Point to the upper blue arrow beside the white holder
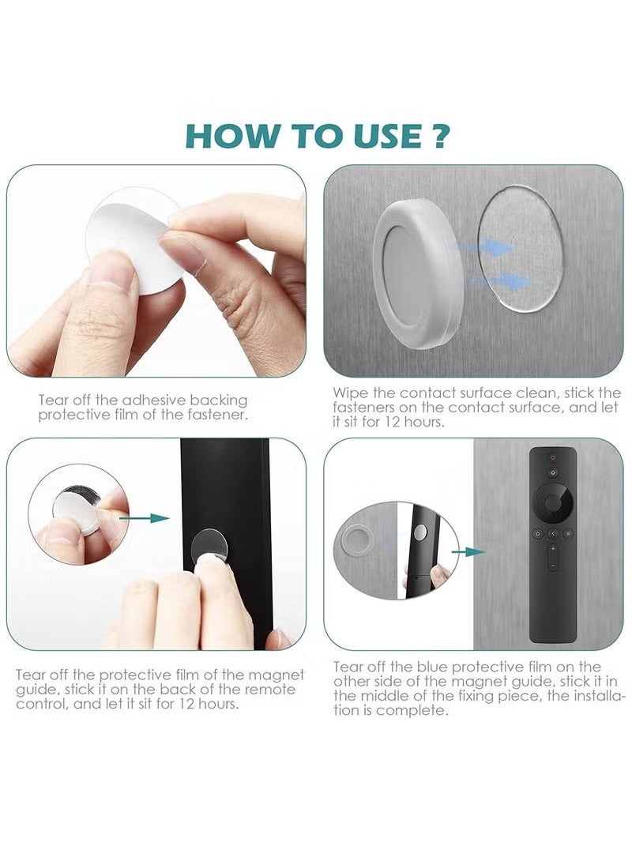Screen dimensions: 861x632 click(x=491, y=247)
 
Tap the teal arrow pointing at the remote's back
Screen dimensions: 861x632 click(x=149, y=518)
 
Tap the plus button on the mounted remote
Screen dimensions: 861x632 click(x=553, y=548)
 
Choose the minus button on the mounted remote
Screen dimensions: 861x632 click(x=553, y=566)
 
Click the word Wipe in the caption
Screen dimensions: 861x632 click(x=348, y=393)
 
